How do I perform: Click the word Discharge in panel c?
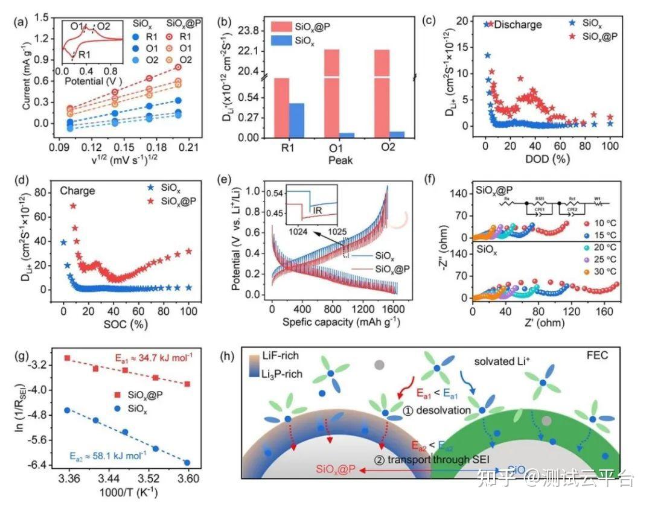[518, 25]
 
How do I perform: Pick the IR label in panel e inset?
[316, 209]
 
